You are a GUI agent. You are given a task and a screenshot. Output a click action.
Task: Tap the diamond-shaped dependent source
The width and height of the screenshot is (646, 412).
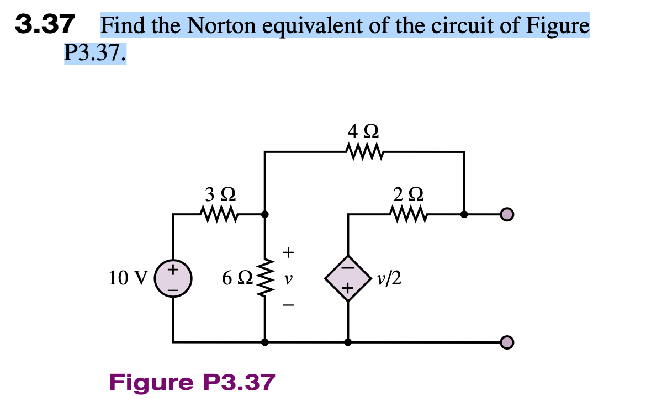pos(347,278)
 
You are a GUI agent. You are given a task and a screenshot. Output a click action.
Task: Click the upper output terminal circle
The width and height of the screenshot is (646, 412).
pos(507,214)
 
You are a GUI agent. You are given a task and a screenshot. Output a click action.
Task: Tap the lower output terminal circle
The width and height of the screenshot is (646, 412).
pos(507,342)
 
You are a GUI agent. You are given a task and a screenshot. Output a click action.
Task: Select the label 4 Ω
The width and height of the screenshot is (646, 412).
pos(363,131)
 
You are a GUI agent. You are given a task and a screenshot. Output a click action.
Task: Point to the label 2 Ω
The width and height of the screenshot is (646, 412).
pos(409,194)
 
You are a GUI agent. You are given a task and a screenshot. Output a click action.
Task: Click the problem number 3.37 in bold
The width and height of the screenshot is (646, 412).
pos(44,24)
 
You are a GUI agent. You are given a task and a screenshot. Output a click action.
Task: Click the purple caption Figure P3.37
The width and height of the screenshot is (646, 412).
pos(192,382)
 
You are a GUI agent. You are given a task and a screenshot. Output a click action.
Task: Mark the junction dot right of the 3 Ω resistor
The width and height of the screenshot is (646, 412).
pos(266,214)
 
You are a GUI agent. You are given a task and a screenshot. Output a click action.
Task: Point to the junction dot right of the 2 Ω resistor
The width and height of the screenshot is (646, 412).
pos(464,214)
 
